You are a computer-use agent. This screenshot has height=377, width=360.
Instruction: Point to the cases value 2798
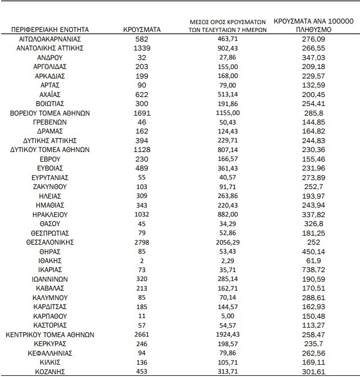pyautogui.click(x=142, y=242)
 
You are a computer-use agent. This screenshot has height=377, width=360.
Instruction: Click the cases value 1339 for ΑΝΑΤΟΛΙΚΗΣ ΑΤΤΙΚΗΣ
pyautogui.click(x=142, y=48)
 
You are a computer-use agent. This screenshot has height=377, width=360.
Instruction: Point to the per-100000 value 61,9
pyautogui.click(x=312, y=260)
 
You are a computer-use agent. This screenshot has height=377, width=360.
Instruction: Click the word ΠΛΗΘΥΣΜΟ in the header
pyautogui.click(x=312, y=29)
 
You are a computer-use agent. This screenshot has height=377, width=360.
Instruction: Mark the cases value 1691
pyautogui.click(x=142, y=113)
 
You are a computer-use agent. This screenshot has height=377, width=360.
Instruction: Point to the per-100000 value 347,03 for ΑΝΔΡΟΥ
pyautogui.click(x=312, y=58)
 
